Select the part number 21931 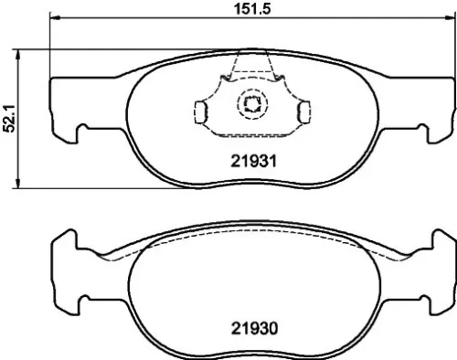click(x=251, y=159)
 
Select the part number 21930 click(x=251, y=326)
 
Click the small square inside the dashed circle click(x=251, y=104)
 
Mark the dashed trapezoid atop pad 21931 click(x=251, y=69)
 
